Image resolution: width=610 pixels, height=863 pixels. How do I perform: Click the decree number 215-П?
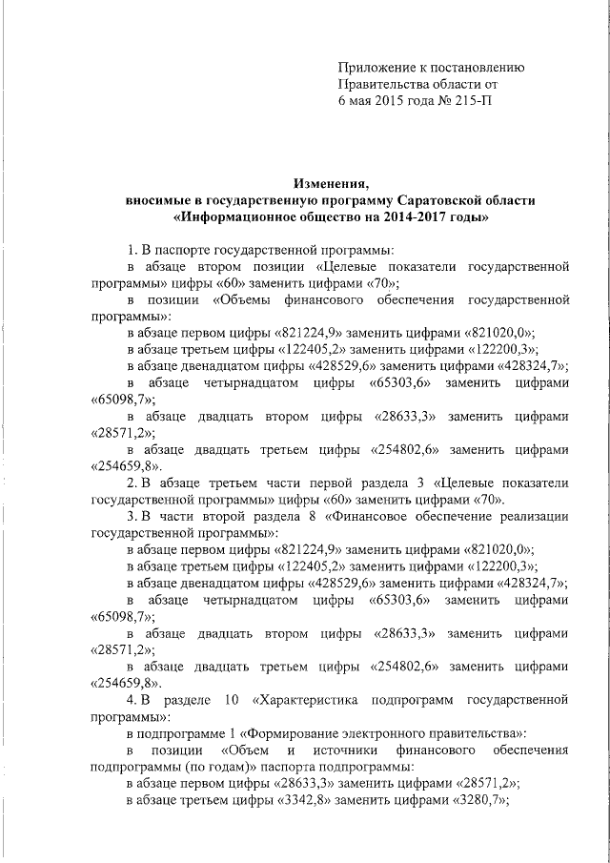[474, 99]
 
